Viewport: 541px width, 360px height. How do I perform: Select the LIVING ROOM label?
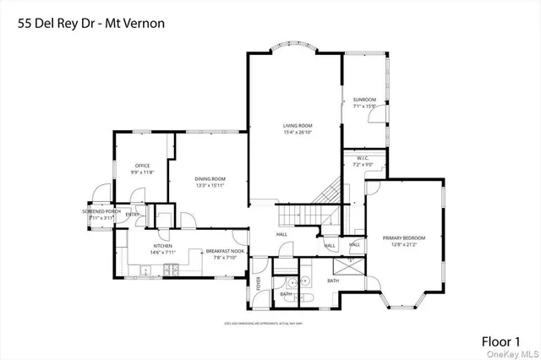pyautogui.click(x=298, y=126)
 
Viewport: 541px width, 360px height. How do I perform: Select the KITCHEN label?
pyautogui.click(x=139, y=246)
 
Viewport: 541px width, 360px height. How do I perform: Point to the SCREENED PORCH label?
pyautogui.click(x=101, y=211)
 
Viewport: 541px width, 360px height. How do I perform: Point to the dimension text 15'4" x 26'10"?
pyautogui.click(x=298, y=132)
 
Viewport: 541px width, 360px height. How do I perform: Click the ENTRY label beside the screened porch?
pyautogui.click(x=133, y=215)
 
